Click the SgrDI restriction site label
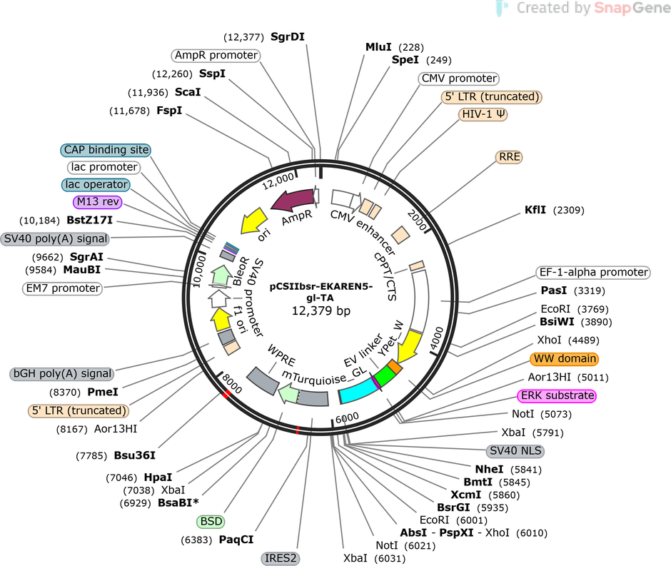(x=288, y=37)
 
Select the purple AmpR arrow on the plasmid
(x=293, y=200)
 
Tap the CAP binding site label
(x=106, y=150)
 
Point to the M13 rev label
(x=98, y=201)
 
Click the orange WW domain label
(x=565, y=358)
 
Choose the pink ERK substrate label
(x=557, y=395)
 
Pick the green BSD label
(x=211, y=522)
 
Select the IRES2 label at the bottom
(x=281, y=558)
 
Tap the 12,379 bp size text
(x=321, y=310)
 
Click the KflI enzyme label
(x=535, y=210)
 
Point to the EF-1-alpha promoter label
(x=593, y=272)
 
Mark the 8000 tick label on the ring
(x=232, y=383)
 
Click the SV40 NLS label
(x=515, y=450)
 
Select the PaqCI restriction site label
(x=236, y=540)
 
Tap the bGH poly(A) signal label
(x=62, y=373)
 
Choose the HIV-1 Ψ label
(x=483, y=114)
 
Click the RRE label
(x=509, y=157)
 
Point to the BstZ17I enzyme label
(x=90, y=221)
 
